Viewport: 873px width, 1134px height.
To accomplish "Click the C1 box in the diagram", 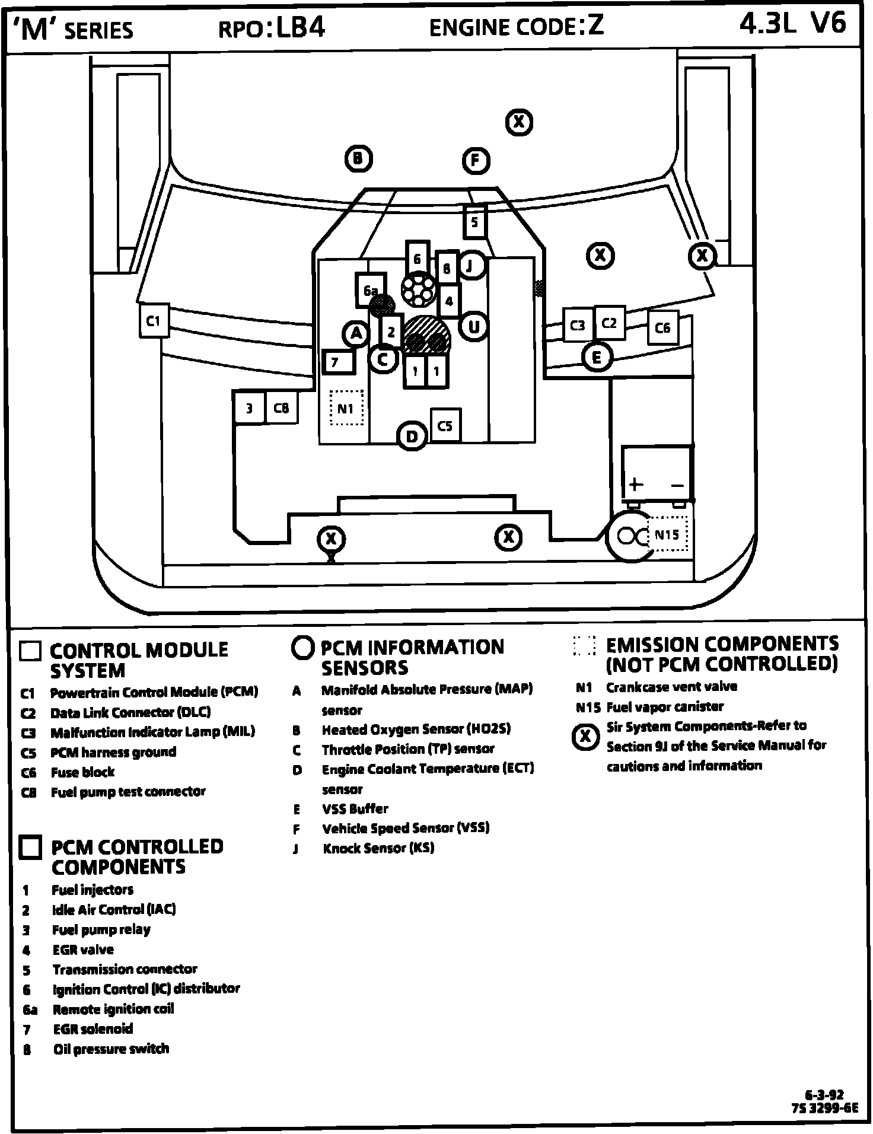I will pos(154,321).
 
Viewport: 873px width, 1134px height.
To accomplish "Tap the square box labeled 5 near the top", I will pos(474,222).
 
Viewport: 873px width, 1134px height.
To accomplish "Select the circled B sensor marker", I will pos(358,158).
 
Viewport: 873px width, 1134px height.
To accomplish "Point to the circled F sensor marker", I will pos(476,161).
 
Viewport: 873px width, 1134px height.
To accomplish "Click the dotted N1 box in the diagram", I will pos(346,408).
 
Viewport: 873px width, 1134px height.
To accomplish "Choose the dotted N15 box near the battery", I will pos(668,534).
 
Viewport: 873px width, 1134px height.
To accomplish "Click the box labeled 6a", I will pos(370,290).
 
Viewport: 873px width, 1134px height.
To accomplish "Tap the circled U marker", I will pos(474,326).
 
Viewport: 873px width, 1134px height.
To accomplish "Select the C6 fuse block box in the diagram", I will pos(662,327).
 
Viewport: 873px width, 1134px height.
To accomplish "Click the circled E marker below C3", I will pos(597,357).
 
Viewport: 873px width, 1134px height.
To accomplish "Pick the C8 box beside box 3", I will pos(281,407).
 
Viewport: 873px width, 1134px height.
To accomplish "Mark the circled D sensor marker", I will pos(412,437).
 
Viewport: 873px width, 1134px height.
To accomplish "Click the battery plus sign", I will pos(636,484).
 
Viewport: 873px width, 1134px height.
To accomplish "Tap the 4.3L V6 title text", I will pos(792,24).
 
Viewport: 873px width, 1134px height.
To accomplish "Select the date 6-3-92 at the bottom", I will pos(824,1095).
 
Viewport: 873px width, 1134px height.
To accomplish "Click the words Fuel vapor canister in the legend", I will pos(665,706).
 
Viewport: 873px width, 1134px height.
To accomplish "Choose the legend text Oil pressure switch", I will pos(111,1049).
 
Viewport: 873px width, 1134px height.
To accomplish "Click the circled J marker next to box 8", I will pos(470,265).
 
